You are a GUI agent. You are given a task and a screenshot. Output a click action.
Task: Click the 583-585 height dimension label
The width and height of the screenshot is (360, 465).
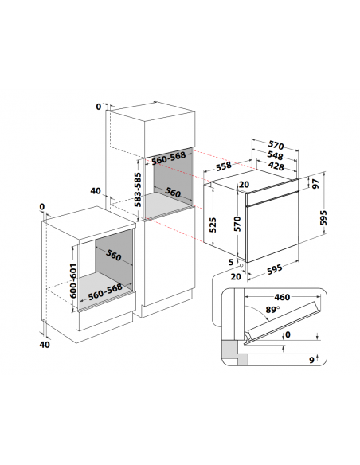[x=138, y=190]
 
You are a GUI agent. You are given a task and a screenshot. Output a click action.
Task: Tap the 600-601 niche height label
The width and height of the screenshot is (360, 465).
[x=73, y=281]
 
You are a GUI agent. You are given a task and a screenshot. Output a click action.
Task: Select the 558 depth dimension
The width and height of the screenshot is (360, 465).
[x=224, y=166]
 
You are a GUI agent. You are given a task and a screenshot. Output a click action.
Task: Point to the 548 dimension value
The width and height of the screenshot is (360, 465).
[x=276, y=155]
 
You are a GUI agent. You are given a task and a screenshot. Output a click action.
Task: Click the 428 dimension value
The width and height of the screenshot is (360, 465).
[x=276, y=166]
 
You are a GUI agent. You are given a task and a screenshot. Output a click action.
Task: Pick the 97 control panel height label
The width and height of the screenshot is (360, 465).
[x=316, y=184]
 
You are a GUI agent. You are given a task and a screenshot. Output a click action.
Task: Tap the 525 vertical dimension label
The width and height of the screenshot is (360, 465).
[x=213, y=225]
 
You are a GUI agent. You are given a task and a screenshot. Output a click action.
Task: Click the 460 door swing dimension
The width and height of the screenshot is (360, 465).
[x=282, y=297]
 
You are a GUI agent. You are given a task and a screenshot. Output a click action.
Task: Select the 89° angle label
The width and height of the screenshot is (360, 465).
[x=272, y=310]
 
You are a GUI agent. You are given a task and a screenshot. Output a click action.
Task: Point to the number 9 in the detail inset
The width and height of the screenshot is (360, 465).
[x=311, y=360]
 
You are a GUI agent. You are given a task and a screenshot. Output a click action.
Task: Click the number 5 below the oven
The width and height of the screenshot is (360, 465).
[x=231, y=262]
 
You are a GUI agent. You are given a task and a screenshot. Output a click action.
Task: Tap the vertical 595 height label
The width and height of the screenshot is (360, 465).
[x=324, y=218]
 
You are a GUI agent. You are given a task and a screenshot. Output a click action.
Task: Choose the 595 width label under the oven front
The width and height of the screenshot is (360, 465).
[x=274, y=269]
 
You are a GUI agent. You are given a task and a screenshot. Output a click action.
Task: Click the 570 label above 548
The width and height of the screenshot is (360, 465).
[x=276, y=145]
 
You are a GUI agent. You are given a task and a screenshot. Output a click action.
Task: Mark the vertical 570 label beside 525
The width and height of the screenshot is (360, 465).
[x=237, y=224]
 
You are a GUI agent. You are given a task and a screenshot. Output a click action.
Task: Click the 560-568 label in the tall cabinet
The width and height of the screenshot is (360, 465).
[x=168, y=158]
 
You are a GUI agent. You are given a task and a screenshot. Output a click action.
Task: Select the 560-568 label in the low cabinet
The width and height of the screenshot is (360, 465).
[x=105, y=291]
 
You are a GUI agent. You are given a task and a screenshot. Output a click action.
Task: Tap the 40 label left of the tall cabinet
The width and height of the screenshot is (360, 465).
[x=96, y=191]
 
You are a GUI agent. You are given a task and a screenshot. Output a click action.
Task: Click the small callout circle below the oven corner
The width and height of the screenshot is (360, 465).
[x=241, y=265]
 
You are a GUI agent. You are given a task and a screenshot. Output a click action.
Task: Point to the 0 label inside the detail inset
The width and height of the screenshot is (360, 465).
[x=288, y=334]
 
